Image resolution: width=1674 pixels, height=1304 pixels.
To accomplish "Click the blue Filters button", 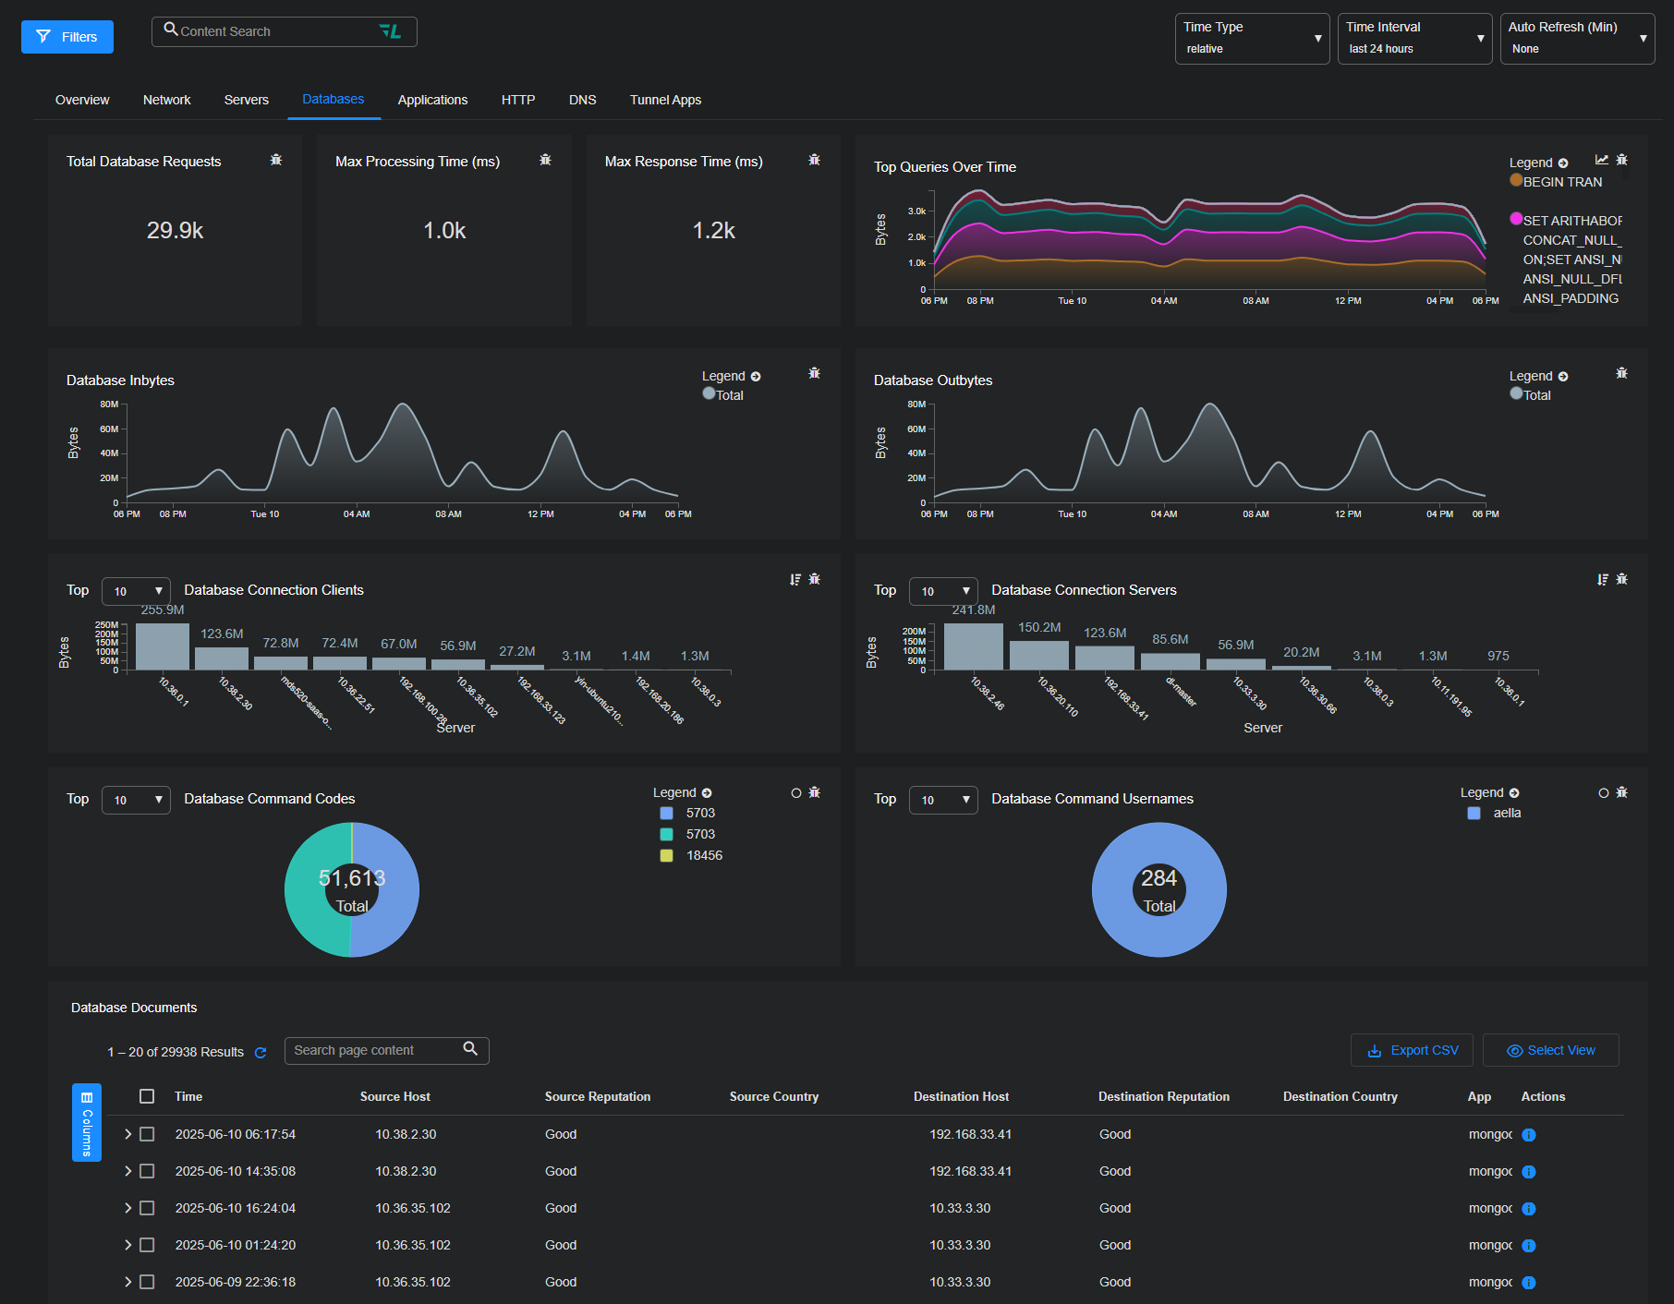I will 67,37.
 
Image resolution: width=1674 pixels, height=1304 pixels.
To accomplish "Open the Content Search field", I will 277,31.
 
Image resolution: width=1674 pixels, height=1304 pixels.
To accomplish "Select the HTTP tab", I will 518,100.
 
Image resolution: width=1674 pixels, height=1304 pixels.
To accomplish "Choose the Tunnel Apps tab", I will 665,100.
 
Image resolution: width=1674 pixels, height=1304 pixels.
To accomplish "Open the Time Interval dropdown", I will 1414,39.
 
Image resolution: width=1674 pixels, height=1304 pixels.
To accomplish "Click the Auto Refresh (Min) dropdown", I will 1577,39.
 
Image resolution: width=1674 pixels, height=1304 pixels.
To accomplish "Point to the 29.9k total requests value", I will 175,231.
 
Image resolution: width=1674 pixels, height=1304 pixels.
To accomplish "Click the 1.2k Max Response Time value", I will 714,231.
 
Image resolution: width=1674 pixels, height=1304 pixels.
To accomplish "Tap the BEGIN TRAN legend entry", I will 1561,182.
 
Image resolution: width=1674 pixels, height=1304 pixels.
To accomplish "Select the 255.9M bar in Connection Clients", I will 163,646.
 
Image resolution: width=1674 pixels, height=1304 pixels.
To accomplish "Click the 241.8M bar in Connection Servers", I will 974,646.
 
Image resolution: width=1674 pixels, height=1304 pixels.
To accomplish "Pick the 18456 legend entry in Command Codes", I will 703,855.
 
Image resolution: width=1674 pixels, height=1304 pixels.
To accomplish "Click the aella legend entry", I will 1506,813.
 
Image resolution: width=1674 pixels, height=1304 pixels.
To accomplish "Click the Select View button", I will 1551,1050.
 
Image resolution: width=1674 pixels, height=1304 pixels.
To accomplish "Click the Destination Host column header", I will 961,1096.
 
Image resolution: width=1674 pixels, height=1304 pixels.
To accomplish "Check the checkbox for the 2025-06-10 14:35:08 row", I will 147,1171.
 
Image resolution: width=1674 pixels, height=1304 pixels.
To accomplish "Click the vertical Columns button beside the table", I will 87,1122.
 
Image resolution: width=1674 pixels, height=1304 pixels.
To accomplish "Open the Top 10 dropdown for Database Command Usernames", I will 943,800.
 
